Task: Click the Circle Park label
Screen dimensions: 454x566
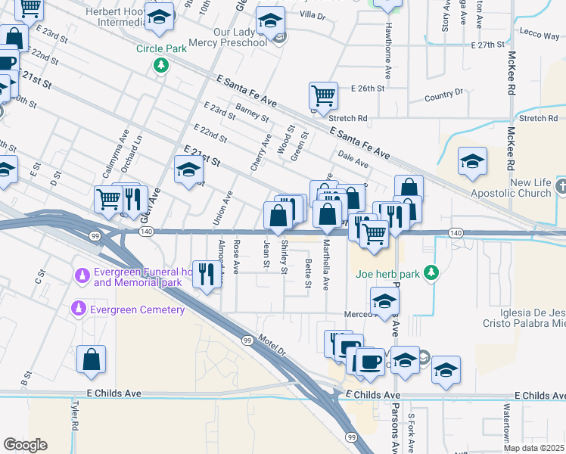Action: pyautogui.click(x=160, y=48)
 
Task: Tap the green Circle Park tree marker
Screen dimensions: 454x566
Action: pyautogui.click(x=161, y=66)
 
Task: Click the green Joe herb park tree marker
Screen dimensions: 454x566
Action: pyautogui.click(x=431, y=272)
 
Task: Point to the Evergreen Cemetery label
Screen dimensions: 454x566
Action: pyautogui.click(x=136, y=310)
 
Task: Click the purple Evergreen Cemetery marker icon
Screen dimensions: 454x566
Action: pyautogui.click(x=79, y=309)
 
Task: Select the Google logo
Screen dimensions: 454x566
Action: pyautogui.click(x=25, y=445)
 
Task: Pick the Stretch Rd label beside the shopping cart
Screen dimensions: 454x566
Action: pyautogui.click(x=348, y=118)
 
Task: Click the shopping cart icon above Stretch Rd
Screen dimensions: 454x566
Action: pyautogui.click(x=323, y=96)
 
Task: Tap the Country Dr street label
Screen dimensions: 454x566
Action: pyautogui.click(x=443, y=94)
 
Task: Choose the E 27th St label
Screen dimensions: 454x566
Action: pyautogui.click(x=487, y=45)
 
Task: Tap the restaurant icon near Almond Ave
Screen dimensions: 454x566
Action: pyautogui.click(x=205, y=274)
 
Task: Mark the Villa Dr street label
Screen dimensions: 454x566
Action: pyautogui.click(x=312, y=15)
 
